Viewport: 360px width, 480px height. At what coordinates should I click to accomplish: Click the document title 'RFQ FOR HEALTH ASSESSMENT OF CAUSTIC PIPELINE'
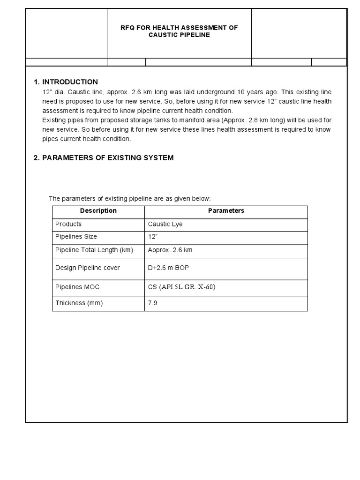point(179,31)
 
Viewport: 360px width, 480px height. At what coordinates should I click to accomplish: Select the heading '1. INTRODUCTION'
point(66,82)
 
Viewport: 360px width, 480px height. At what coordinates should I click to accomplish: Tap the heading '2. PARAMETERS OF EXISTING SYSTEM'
point(103,158)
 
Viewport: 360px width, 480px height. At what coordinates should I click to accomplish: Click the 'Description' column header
point(98,211)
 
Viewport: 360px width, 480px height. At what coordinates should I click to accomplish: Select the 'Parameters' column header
point(226,211)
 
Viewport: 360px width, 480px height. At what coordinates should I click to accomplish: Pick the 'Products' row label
point(68,224)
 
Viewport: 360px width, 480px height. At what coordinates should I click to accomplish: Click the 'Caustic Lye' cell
point(165,224)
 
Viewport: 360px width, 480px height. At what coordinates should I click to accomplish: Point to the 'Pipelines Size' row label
point(76,237)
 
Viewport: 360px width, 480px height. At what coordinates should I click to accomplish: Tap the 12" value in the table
point(153,237)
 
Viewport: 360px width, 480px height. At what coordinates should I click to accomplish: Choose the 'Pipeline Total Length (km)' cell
point(94,250)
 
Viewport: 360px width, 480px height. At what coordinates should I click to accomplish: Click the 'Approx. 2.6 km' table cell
point(170,250)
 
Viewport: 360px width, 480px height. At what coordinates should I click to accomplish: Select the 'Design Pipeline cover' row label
point(87,268)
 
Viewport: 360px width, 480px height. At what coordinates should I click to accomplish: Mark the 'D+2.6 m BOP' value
point(168,268)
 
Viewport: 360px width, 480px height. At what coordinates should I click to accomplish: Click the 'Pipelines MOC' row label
point(77,287)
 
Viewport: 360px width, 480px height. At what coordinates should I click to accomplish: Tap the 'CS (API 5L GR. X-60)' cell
point(181,287)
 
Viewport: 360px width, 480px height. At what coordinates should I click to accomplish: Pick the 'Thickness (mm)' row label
point(79,303)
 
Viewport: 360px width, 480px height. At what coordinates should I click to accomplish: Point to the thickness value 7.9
point(152,303)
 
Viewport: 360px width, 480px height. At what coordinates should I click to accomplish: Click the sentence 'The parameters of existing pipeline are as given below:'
point(130,199)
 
